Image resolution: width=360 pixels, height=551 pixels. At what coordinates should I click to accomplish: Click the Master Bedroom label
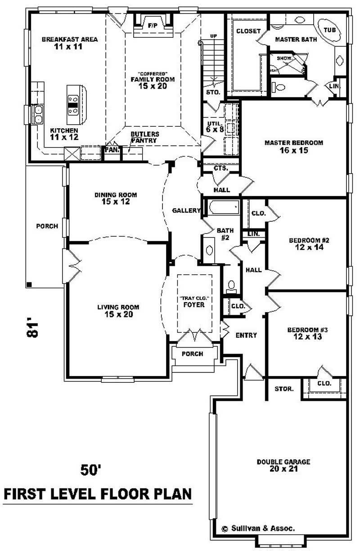coord(293,146)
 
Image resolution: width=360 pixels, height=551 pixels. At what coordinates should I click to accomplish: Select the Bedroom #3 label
coord(307,333)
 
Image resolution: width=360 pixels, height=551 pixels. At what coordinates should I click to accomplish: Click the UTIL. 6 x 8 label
coord(214,126)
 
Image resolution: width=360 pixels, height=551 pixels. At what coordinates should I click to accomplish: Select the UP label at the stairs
coord(214,36)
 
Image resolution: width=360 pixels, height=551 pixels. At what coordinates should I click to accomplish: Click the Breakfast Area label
coord(70,43)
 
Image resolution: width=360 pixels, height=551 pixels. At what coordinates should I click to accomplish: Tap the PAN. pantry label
coord(112,150)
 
